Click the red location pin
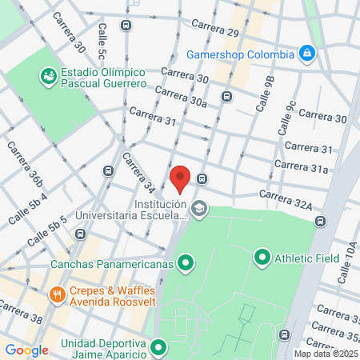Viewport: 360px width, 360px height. point(180,178)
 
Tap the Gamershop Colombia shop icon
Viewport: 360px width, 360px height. point(306,54)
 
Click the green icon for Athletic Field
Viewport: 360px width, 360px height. point(262,257)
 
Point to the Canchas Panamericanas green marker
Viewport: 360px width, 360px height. point(186,262)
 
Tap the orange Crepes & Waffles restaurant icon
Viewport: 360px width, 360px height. point(56,295)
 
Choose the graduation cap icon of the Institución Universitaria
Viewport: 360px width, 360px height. point(199,210)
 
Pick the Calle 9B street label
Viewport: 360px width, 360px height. point(265,95)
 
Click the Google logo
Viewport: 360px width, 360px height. point(26,350)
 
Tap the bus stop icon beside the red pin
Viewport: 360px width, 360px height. point(202,178)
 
